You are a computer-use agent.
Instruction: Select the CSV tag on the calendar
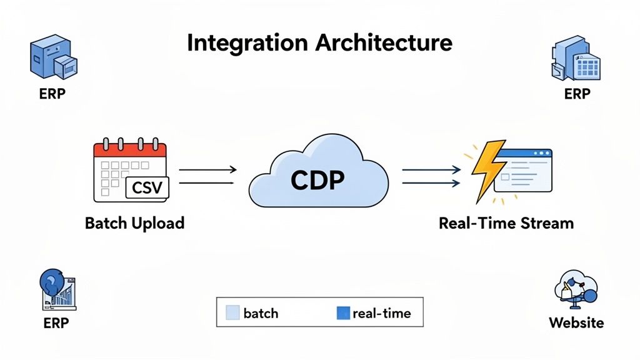click(147, 187)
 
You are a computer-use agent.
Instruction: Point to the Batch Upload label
click(134, 223)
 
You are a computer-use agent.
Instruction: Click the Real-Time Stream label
click(506, 223)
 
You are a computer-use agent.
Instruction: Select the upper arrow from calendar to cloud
click(207, 169)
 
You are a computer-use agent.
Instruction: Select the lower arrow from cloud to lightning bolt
click(431, 182)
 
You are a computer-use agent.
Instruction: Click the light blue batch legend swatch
click(232, 312)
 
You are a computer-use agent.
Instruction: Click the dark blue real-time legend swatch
click(342, 312)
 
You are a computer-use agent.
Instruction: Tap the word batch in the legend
click(261, 312)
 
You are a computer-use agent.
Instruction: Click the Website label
click(576, 322)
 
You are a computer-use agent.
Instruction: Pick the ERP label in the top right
click(576, 94)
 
